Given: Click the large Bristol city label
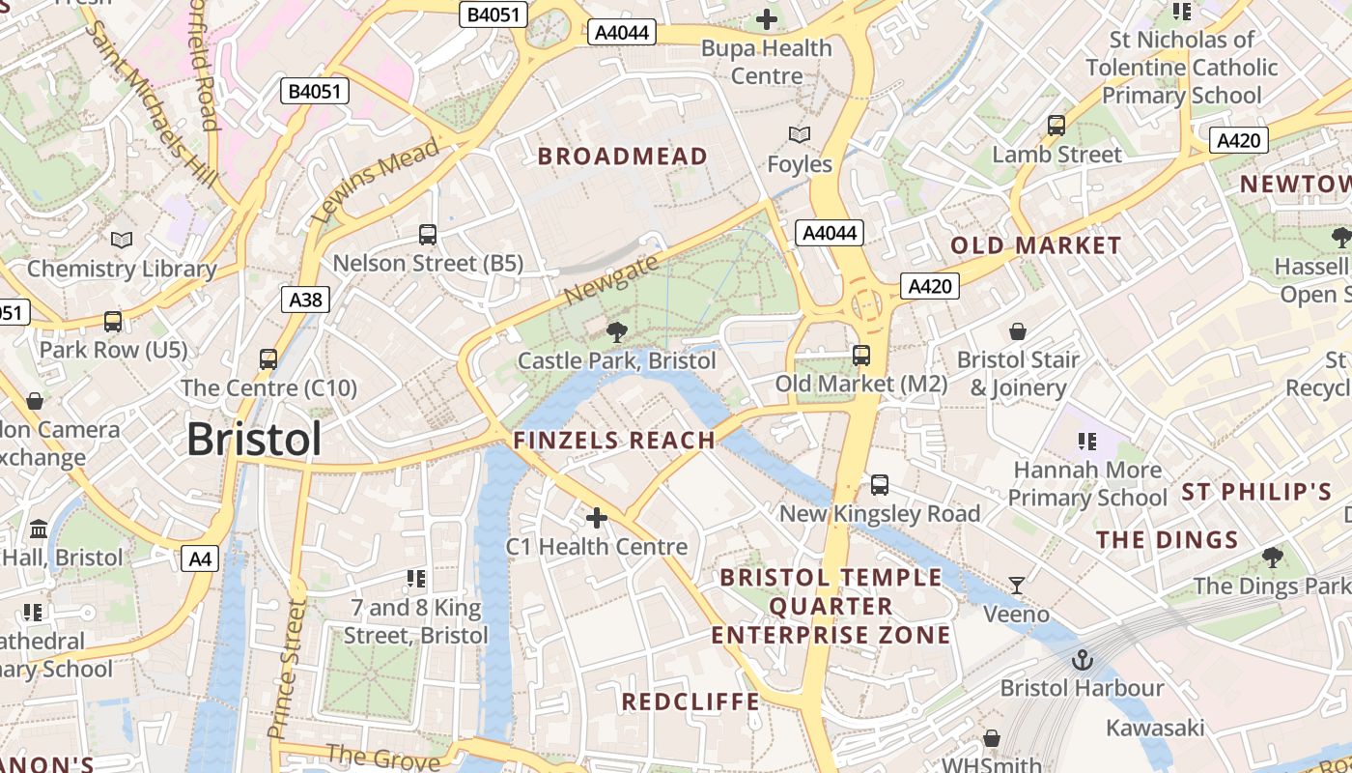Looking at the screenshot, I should [x=254, y=440].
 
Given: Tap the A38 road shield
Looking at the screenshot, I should [x=306, y=300].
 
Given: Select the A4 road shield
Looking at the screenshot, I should [x=200, y=558].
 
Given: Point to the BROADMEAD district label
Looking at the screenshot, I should [x=622, y=157].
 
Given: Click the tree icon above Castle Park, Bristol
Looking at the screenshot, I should [x=615, y=333].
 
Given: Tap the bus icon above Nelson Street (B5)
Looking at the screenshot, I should [x=428, y=235].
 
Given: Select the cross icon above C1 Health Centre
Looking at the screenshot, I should [x=597, y=519].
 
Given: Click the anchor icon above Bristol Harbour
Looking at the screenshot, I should [x=1082, y=661].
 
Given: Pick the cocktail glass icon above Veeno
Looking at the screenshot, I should [x=1016, y=586].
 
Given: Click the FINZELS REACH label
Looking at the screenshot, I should [x=614, y=441].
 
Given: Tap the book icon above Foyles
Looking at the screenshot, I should [x=799, y=135].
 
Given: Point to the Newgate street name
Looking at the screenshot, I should [x=612, y=279].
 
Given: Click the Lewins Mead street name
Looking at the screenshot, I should [x=376, y=180].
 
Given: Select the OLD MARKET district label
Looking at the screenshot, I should [x=1035, y=245].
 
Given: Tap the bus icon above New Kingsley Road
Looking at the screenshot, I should [x=879, y=485].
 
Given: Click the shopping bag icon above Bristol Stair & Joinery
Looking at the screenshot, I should [x=1017, y=332].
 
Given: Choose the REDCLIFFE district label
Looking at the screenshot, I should [x=690, y=701].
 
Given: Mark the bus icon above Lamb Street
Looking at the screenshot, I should [x=1056, y=126].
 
